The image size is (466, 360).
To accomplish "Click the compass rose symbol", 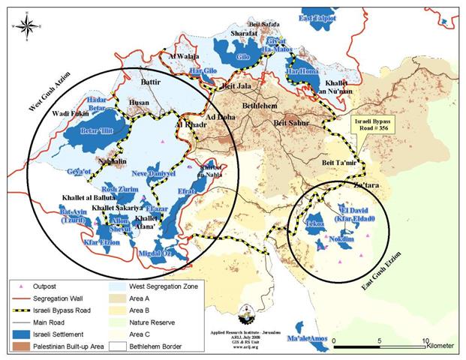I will pos(26,27).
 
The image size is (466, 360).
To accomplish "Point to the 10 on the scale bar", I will pos(425,340).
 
